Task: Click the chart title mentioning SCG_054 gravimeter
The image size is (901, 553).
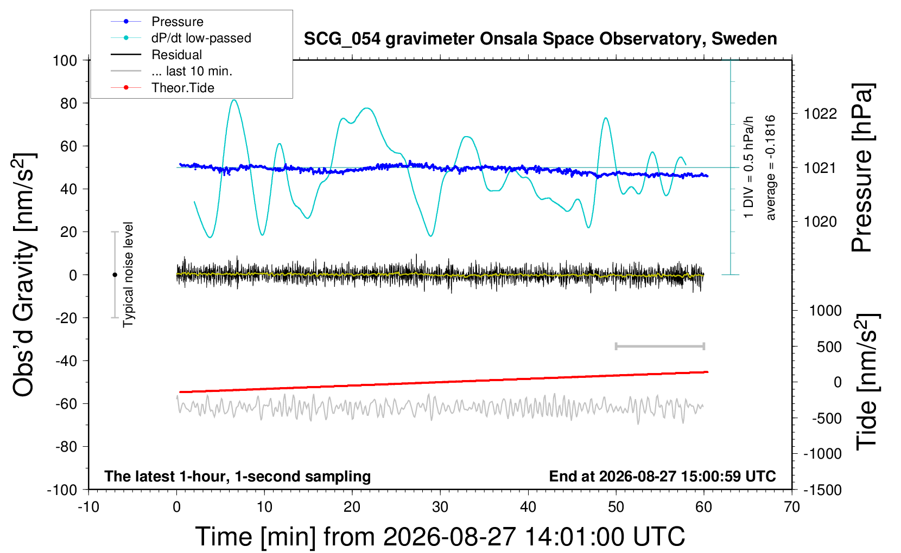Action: click(x=540, y=39)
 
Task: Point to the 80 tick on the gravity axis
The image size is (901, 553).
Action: click(x=68, y=104)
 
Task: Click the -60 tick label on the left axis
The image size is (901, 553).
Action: click(x=66, y=404)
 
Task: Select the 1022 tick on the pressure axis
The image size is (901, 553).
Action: click(x=820, y=114)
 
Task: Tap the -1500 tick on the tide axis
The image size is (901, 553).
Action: click(x=822, y=490)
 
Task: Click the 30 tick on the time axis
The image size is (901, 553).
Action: click(x=440, y=507)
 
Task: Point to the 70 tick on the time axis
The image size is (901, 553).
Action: click(x=791, y=507)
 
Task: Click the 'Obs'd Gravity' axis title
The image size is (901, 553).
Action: click(x=23, y=275)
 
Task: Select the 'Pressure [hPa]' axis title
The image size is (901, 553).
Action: click(x=862, y=168)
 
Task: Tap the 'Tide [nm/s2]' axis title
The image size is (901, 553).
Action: click(x=867, y=382)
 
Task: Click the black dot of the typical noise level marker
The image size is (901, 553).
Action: click(x=115, y=275)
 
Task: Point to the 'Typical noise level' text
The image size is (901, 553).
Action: click(x=128, y=275)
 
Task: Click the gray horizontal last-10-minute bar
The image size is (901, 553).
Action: click(x=660, y=346)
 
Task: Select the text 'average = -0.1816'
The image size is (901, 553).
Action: click(x=770, y=168)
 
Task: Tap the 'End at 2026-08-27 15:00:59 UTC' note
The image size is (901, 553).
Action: click(x=663, y=476)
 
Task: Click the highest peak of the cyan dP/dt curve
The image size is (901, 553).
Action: click(x=234, y=100)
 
